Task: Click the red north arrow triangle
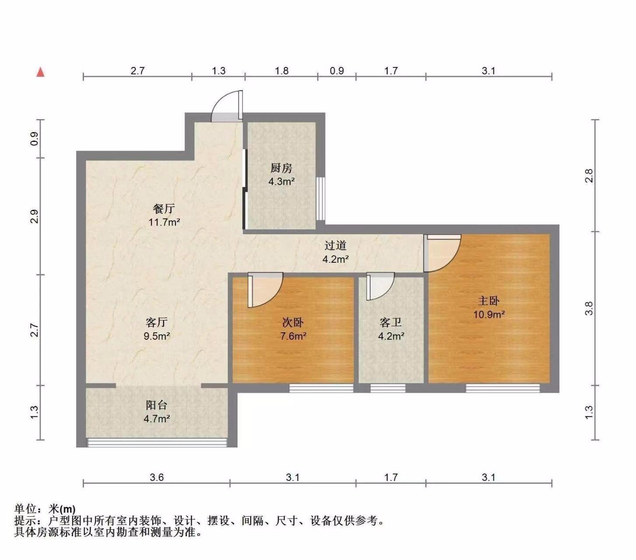40,72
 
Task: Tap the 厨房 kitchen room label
281,168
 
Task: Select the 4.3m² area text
281,181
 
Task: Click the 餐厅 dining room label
164,208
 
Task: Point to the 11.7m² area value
164,222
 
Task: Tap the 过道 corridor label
335,246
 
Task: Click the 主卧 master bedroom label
489,301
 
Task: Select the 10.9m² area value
489,314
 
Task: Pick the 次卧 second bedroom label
293,322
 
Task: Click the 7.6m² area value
293,336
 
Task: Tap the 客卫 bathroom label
391,322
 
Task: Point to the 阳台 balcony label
156,405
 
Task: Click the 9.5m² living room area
157,336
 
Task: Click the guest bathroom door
380,286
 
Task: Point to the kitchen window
321,198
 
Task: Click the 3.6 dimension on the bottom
156,477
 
